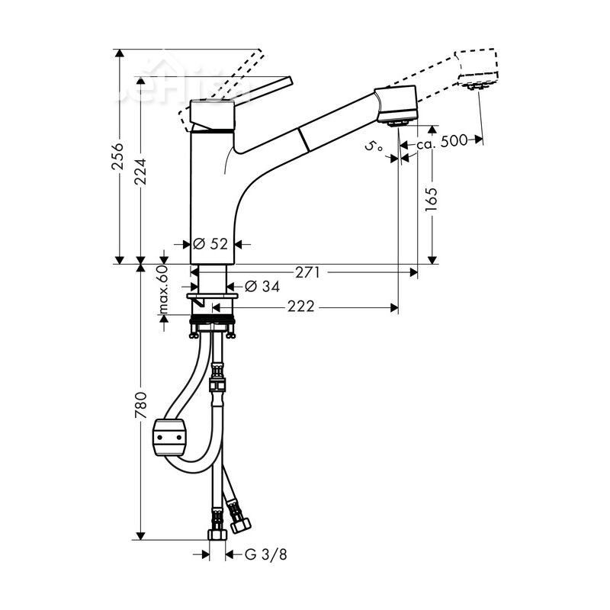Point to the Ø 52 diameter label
pos(210,244)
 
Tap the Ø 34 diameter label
pos(262,287)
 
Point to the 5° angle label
pos(374,146)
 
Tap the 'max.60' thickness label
pos(162,291)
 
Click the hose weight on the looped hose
pos(171,437)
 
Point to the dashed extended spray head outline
pos(478,69)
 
